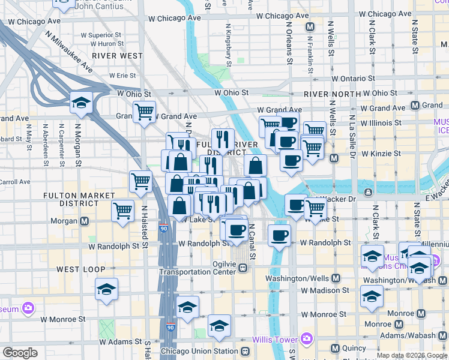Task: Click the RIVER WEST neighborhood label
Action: pos(118,56)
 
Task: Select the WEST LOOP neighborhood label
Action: pos(80,269)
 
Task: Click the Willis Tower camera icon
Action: pos(307,340)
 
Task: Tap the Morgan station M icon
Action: pos(85,221)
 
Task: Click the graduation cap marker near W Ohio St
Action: pos(81,103)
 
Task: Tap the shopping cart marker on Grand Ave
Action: pos(144,112)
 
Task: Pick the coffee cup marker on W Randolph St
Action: pos(279,235)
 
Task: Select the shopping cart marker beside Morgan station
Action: pos(122,211)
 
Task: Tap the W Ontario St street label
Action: pos(354,79)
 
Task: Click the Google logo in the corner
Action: pos(20,353)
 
